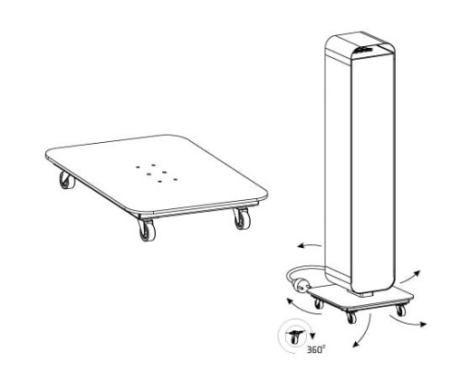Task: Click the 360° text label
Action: pyautogui.click(x=316, y=349)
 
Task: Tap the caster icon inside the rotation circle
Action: pyautogui.click(x=294, y=337)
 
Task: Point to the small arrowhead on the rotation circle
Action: pyautogui.click(x=313, y=336)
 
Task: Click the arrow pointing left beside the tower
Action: pyautogui.click(x=309, y=245)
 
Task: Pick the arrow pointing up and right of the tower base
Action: pyautogui.click(x=410, y=277)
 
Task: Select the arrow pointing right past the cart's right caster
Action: pyautogui.click(x=408, y=321)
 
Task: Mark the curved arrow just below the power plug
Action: pyautogui.click(x=302, y=309)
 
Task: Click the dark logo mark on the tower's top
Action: pyautogui.click(x=364, y=50)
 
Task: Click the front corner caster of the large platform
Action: pyautogui.click(x=147, y=230)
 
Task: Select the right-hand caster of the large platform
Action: pyautogui.click(x=242, y=219)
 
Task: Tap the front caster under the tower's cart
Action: pyautogui.click(x=350, y=316)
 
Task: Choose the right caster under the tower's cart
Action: pyautogui.click(x=400, y=310)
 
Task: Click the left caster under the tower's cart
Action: pyautogui.click(x=319, y=303)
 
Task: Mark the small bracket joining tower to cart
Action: pyautogui.click(x=366, y=294)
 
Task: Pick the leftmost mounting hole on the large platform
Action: pyautogui.click(x=137, y=167)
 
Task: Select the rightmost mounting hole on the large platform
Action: pyautogui.click(x=175, y=179)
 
